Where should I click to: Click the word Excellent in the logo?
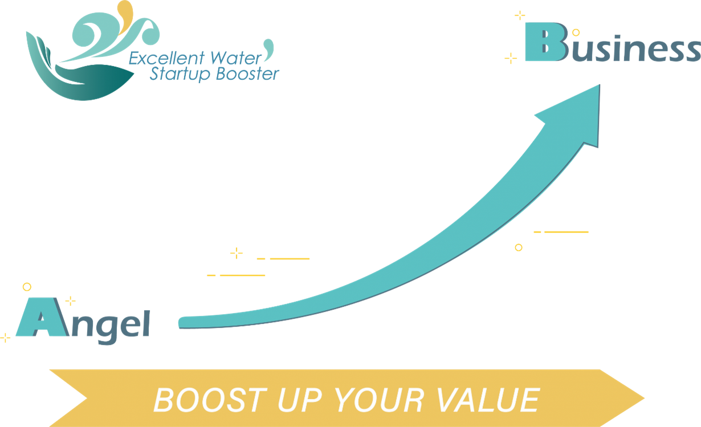[x=166, y=58]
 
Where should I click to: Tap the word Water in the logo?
[x=236, y=58]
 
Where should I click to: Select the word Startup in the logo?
[x=180, y=75]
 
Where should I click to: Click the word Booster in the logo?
[x=247, y=74]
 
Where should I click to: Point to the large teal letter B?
[x=547, y=42]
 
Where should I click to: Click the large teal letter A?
[x=43, y=317]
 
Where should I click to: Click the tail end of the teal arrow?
[x=180, y=323]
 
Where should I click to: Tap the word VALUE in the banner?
[x=488, y=400]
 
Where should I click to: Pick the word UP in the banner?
[x=300, y=400]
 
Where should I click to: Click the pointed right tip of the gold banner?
[x=644, y=398]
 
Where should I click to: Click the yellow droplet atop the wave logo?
[x=126, y=15]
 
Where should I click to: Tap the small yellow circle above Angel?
[x=27, y=287]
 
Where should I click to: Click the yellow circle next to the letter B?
[x=576, y=32]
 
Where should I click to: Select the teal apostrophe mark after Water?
[x=268, y=49]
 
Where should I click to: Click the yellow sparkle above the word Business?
[x=520, y=15]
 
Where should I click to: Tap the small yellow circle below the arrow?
[x=519, y=247]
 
